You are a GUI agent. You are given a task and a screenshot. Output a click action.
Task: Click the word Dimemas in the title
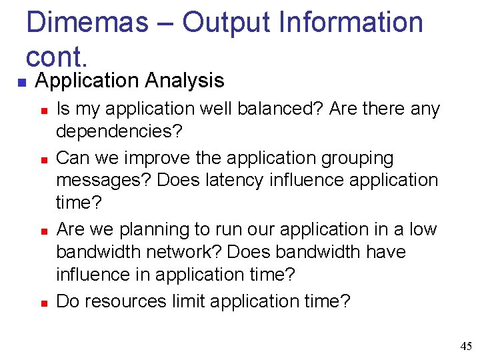click(x=87, y=22)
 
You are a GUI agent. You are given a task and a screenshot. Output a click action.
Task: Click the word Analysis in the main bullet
click(x=185, y=81)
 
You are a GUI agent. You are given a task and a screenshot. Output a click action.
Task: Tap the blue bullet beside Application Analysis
click(x=21, y=83)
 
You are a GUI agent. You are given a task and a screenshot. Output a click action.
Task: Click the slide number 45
click(x=465, y=345)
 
